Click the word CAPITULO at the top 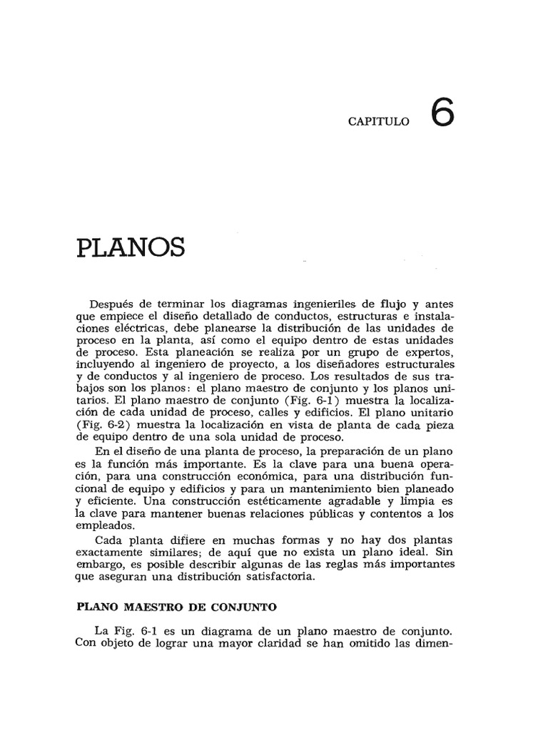(379, 122)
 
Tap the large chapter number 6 (442, 113)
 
